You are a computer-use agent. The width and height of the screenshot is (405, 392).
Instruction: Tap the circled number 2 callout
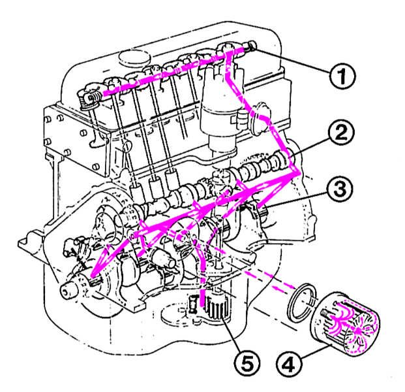[340, 135]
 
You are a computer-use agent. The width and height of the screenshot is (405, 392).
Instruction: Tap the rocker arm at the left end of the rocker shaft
[89, 97]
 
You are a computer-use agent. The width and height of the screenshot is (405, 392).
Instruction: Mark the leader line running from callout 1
[293, 61]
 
